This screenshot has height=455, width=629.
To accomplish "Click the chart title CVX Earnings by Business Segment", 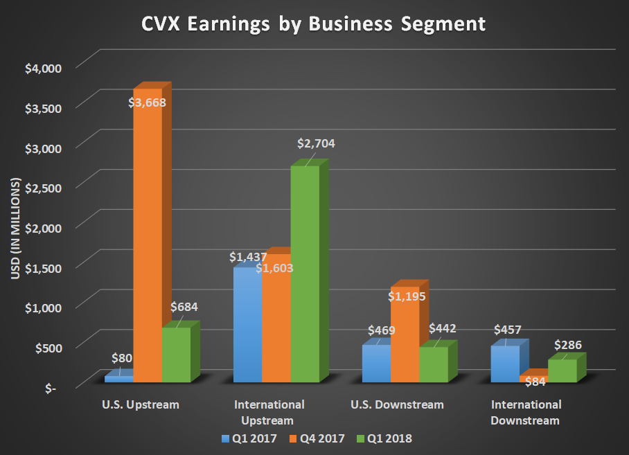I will click(313, 24).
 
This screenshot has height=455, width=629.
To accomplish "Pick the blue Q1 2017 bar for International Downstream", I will click(504, 364).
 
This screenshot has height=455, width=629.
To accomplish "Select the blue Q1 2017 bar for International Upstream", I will click(247, 325).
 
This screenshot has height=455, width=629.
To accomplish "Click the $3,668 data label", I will click(148, 102).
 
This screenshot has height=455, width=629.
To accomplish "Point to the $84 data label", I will click(533, 380).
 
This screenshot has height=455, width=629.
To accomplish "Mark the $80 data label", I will click(122, 359).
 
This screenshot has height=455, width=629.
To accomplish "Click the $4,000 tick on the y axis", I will click(44, 68).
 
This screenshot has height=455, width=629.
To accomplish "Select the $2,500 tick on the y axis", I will click(44, 187).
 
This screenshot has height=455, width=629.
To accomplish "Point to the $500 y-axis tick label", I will click(48, 346).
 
